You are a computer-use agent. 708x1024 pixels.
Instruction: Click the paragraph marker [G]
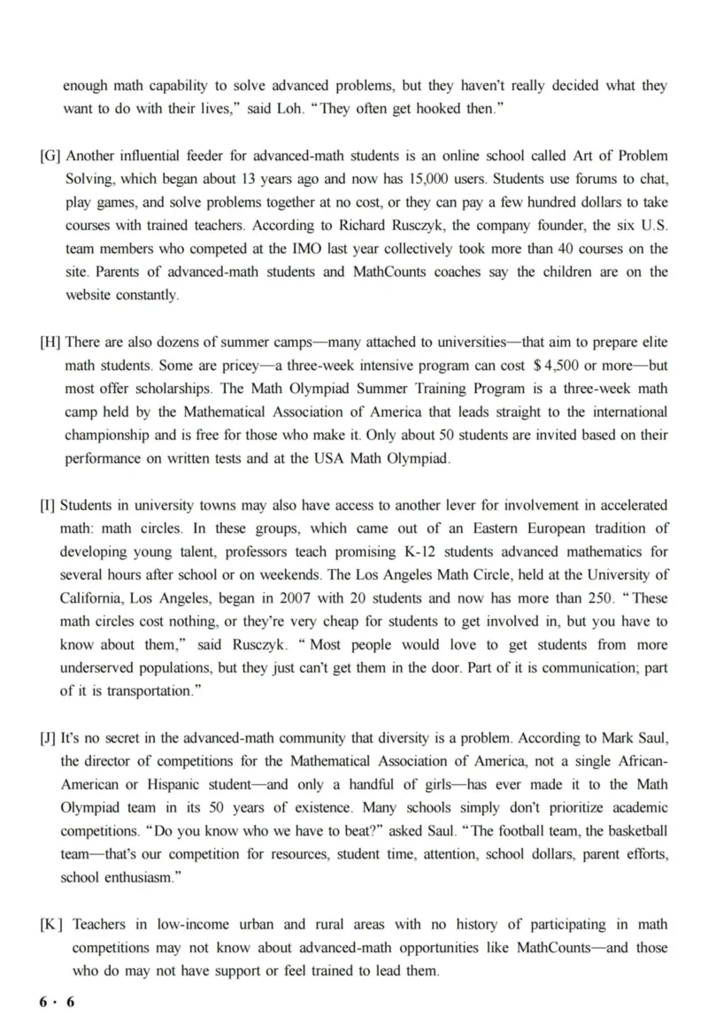pos(50,157)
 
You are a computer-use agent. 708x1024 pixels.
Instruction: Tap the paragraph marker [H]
pos(50,343)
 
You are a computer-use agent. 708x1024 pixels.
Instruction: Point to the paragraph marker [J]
pos(48,737)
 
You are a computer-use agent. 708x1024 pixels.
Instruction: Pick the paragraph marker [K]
pos(51,924)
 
